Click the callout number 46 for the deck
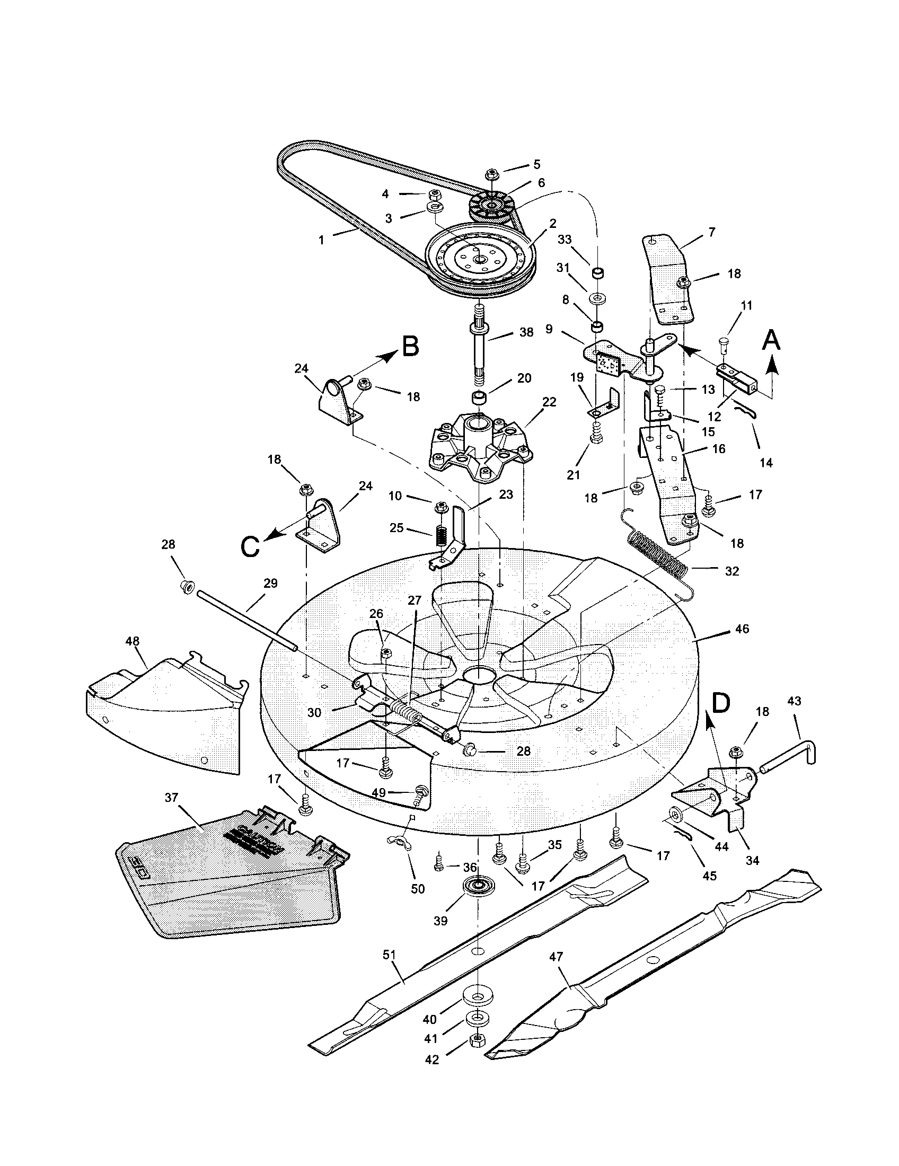coord(742,629)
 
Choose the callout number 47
coord(556,956)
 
